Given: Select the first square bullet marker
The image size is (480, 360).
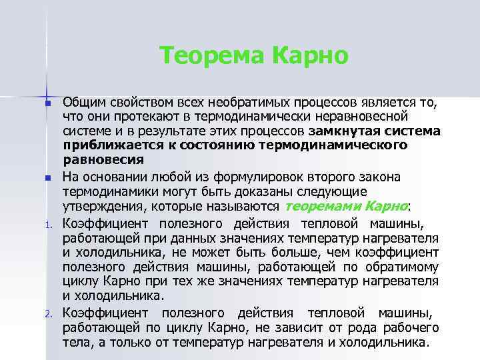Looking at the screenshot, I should pyautogui.click(x=47, y=105).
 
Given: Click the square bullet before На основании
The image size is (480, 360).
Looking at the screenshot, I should pyautogui.click(x=47, y=178).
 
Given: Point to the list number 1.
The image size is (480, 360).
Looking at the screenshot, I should pyautogui.click(x=48, y=225).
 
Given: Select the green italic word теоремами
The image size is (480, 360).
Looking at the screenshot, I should pyautogui.click(x=316, y=205).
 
